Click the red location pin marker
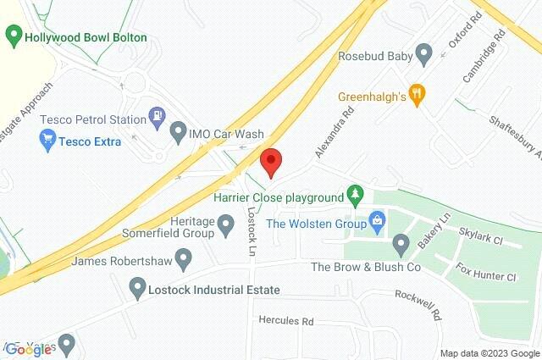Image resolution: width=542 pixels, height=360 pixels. coord(270,161)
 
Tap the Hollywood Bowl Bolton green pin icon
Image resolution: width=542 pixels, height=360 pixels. coord(13,37)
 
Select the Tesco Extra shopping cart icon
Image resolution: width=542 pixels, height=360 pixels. coord(47,141)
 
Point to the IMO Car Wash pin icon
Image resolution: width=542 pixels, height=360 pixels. coord(178,133)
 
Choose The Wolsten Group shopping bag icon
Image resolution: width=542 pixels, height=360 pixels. coord(377,224)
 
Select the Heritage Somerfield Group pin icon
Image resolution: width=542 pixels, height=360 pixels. coord(225,225)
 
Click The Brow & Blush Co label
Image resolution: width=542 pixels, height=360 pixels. coord(366,267)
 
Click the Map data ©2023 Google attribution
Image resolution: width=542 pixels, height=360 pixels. coord(489,353)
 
